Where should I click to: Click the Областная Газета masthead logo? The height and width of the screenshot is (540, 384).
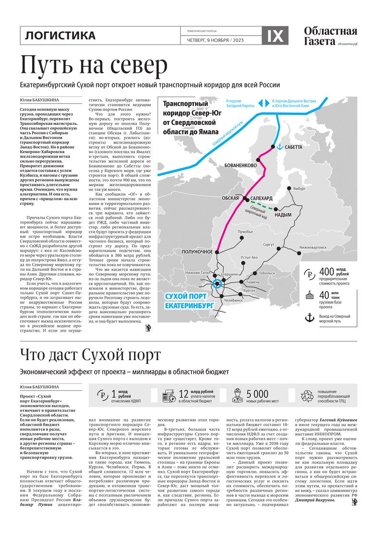[330, 36]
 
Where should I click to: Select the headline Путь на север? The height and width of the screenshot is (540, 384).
[94, 65]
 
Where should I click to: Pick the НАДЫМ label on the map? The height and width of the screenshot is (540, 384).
[283, 215]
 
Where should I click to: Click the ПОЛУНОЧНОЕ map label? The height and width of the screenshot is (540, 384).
[197, 252]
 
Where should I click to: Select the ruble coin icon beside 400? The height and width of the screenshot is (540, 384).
[310, 275]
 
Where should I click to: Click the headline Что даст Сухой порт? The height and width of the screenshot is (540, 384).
[90, 356]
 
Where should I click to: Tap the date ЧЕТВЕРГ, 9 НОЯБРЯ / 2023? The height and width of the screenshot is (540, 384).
[215, 40]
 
